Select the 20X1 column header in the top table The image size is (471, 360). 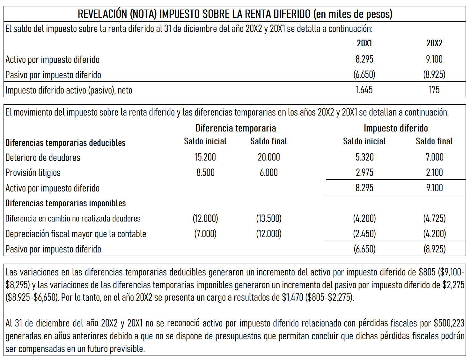[364, 43]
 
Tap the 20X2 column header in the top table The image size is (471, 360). [434, 43]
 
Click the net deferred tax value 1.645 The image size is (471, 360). [364, 90]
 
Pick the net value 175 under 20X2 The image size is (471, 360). [434, 90]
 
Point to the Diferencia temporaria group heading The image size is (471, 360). [236, 128]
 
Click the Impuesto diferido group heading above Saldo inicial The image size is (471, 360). [396, 128]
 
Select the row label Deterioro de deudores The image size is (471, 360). [43, 157]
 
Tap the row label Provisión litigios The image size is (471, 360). [33, 173]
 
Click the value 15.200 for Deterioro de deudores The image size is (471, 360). [205, 157]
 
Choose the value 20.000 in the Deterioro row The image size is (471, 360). [269, 157]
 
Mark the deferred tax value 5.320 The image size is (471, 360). [364, 157]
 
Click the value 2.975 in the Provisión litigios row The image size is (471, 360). [364, 173]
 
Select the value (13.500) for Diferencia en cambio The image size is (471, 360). [269, 219]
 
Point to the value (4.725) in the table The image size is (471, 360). [434, 219]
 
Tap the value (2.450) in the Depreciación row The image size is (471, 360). [364, 234]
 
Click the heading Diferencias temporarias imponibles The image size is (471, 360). [66, 203]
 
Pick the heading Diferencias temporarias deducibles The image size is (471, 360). [65, 143]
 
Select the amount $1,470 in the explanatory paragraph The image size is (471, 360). [292, 297]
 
